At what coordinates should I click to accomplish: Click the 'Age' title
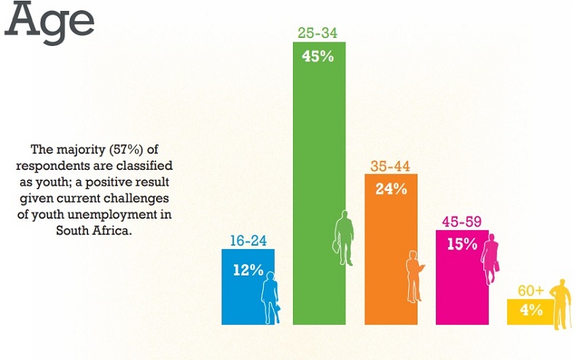(x=50, y=22)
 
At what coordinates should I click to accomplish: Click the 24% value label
(x=390, y=188)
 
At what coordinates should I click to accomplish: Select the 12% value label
(x=247, y=270)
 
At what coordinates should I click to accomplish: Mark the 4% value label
(x=531, y=310)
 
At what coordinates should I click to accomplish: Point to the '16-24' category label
(x=248, y=238)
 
